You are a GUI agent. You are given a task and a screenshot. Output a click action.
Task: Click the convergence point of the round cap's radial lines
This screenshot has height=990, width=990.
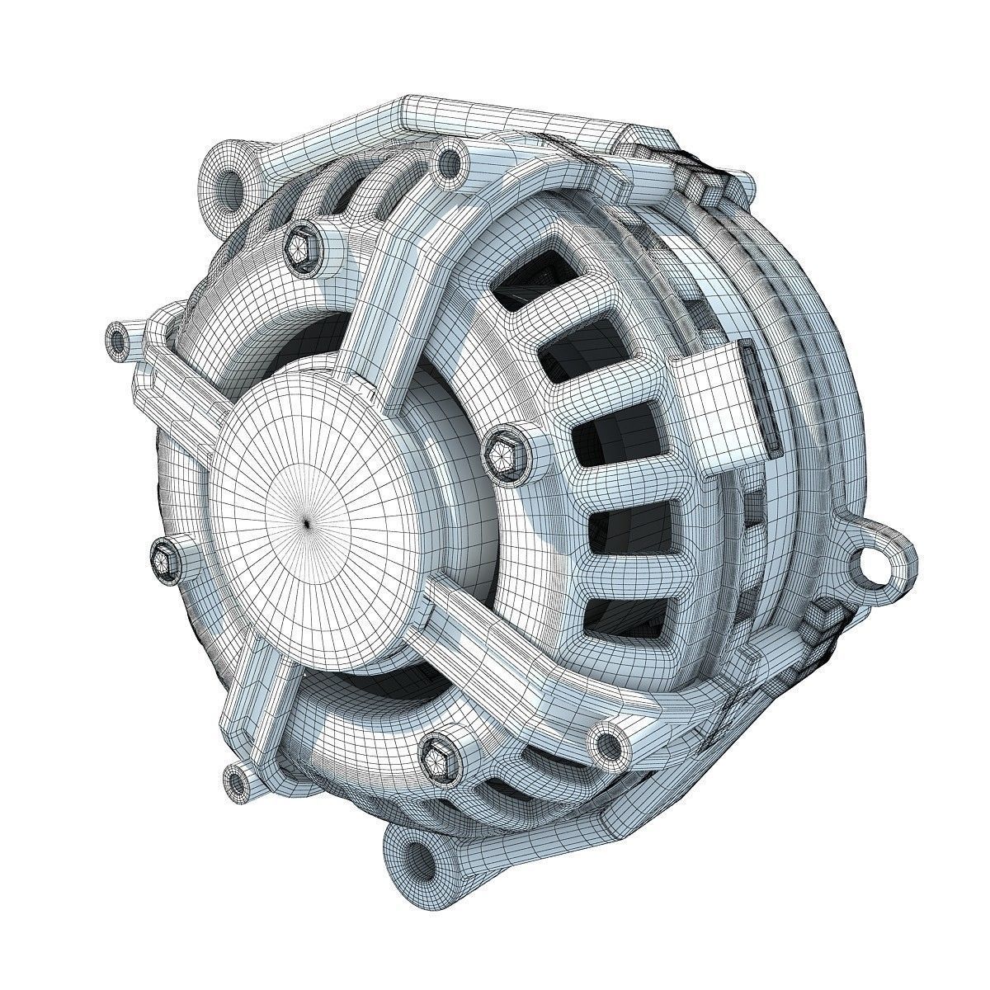pos(306,521)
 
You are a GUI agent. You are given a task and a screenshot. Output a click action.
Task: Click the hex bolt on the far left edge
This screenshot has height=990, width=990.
pos(163,560)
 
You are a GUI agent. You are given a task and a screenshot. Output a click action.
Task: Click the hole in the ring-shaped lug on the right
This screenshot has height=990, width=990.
pos(875,563)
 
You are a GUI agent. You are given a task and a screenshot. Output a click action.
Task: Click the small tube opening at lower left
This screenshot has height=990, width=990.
pos(238,778)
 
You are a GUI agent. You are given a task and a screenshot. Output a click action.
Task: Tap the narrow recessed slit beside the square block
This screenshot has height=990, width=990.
pos(764,396)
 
